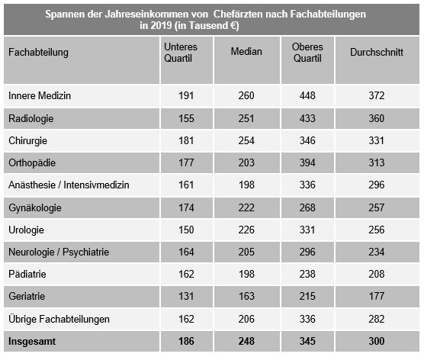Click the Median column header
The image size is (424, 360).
246,52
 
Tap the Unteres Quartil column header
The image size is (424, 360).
181,52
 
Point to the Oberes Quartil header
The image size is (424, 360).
307,52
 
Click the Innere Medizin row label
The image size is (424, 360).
39,96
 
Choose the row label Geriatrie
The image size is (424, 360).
28,296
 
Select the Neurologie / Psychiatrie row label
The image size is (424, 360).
59,252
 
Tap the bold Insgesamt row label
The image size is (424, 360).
34,341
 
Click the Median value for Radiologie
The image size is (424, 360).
246,119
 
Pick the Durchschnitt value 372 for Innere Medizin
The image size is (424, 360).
375,96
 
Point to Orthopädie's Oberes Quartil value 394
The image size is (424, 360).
308,163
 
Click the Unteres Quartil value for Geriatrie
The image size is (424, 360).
185,296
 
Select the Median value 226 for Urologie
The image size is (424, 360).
246,230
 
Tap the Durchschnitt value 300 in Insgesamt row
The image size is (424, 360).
375,341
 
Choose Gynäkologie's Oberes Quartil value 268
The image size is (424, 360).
308,207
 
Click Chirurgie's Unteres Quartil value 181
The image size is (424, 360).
185,141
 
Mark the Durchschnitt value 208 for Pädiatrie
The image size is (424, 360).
375,274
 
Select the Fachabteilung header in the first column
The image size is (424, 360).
38,52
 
